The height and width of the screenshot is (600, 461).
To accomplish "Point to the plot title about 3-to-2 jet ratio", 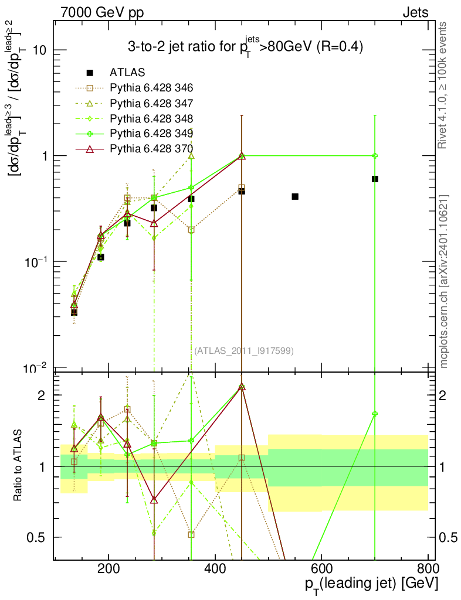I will pyautogui.click(x=246, y=47).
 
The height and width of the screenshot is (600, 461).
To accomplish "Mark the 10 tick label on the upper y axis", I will pyautogui.click(x=40, y=50).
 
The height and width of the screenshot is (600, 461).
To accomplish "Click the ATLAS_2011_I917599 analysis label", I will pyautogui.click(x=244, y=350).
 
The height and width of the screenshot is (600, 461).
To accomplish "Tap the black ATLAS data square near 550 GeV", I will pyautogui.click(x=295, y=196).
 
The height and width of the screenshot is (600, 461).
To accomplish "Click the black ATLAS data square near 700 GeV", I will pyautogui.click(x=375, y=179).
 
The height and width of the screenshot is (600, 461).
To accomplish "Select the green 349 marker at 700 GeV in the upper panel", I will pyautogui.click(x=375, y=156).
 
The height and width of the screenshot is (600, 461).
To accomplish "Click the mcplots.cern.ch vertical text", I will pyautogui.click(x=445, y=281).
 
